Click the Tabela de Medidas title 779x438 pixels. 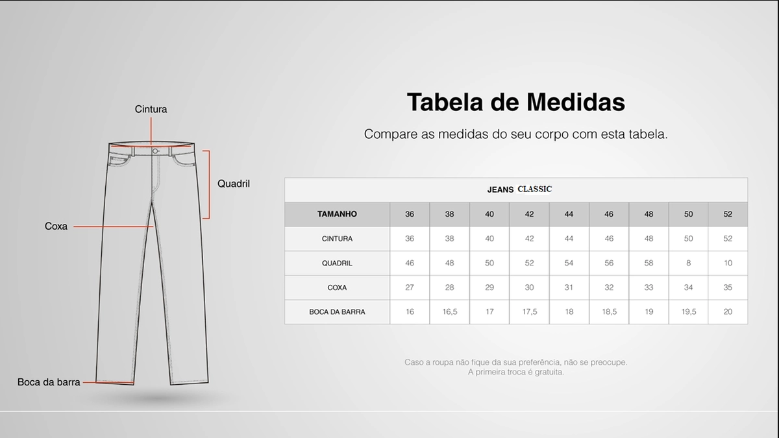515,103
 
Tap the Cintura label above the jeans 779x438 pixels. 151,109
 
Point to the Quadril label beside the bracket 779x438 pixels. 234,184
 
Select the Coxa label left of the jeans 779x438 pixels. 56,226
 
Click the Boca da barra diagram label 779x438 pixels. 49,382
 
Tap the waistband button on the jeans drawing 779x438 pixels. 155,151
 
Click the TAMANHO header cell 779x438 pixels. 337,214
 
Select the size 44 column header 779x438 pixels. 569,214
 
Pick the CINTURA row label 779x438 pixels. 337,239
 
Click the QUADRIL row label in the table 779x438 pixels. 337,263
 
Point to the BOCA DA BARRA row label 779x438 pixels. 337,312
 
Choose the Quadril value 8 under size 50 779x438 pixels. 688,263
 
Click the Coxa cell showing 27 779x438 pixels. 410,287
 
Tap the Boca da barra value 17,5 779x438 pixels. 529,312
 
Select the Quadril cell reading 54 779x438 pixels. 569,263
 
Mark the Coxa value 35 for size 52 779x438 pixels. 728,287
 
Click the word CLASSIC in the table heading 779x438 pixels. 534,189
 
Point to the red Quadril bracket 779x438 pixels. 208,184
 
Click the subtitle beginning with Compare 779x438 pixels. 515,134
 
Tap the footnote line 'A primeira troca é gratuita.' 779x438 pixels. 515,372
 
